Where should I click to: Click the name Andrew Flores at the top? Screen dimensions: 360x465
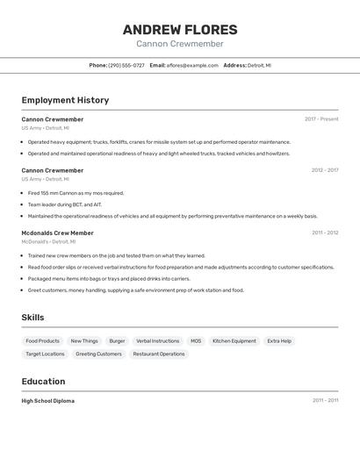180,30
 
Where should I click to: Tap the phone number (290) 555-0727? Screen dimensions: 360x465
126,66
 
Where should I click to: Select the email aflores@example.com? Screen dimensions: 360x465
192,66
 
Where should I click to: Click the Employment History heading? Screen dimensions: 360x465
65,100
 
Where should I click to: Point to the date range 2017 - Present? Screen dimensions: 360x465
321,119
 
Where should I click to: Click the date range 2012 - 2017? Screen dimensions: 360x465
325,170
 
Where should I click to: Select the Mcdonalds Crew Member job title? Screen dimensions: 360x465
57,232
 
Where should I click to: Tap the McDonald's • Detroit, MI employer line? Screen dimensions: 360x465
48,241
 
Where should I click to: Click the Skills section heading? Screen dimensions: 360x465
32,318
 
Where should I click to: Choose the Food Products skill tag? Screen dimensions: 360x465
43,340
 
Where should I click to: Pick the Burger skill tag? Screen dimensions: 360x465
117,340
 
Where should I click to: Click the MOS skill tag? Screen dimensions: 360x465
196,340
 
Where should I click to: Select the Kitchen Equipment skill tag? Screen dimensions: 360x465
234,340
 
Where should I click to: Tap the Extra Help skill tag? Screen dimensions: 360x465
279,340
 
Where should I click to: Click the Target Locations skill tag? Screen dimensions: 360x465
45,354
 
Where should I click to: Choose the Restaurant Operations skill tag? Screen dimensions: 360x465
160,354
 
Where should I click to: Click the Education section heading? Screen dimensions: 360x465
43,382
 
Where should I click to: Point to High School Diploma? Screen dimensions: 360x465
48,401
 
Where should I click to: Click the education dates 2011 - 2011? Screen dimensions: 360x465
325,401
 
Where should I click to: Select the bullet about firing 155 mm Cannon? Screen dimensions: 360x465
76,193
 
